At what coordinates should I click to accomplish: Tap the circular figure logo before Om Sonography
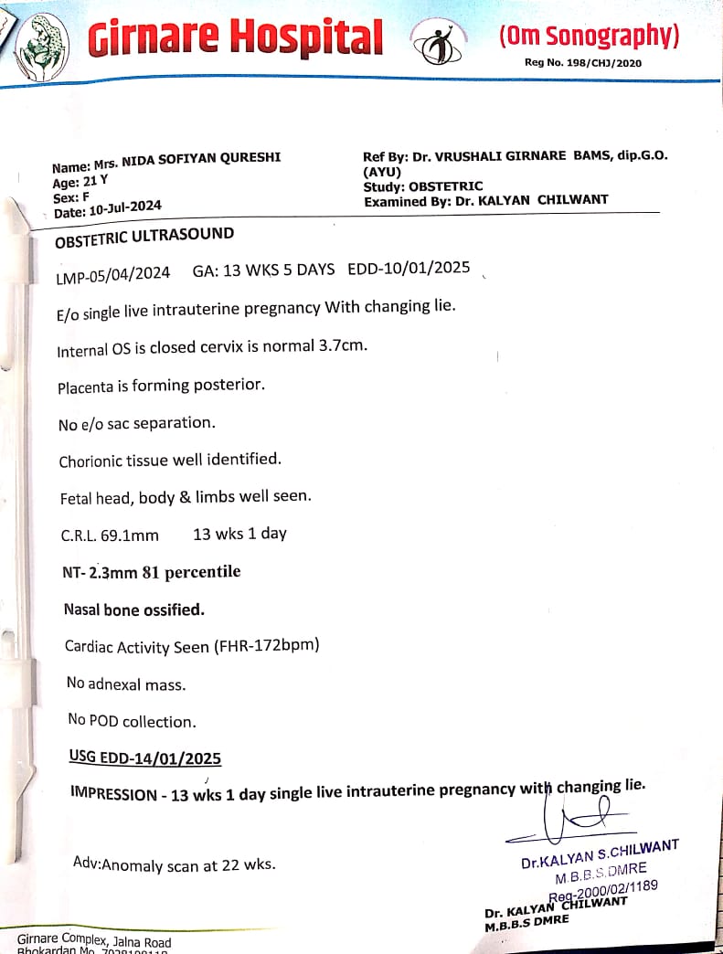(x=438, y=42)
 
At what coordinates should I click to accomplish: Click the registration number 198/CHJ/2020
(x=597, y=63)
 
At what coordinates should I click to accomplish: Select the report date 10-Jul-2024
(x=125, y=208)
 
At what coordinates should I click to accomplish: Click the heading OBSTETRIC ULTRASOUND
(x=144, y=238)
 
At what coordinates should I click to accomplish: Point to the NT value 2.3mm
(x=114, y=573)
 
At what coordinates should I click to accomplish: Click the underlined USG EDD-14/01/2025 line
(x=144, y=758)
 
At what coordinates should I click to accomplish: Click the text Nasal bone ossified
(x=134, y=609)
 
